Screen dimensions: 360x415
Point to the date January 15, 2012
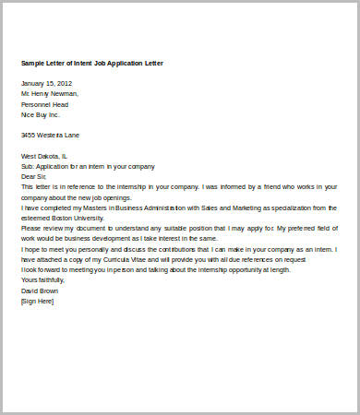coord(46,83)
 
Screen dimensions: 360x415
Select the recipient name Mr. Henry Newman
coord(50,93)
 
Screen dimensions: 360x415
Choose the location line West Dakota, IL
coord(44,156)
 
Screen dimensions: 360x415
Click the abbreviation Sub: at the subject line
coord(28,166)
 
